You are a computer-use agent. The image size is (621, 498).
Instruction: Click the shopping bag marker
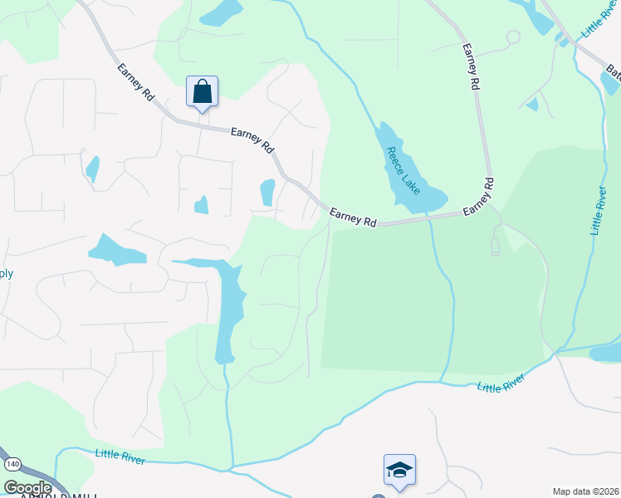pyautogui.click(x=202, y=91)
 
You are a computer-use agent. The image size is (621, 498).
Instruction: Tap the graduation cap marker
pyautogui.click(x=399, y=470)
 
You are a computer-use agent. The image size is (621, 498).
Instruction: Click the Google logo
pyautogui.click(x=27, y=487)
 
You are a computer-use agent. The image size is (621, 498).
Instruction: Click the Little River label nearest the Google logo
pyautogui.click(x=120, y=456)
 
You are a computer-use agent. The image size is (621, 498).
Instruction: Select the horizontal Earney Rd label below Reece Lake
pyautogui.click(x=353, y=218)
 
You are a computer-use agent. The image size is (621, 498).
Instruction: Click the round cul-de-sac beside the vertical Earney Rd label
pyautogui.click(x=513, y=37)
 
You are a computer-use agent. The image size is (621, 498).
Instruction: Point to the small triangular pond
pyautogui.click(x=531, y=104)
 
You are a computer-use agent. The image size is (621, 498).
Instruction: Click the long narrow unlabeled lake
pyautogui.click(x=230, y=307)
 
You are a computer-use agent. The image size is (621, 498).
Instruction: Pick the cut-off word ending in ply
pyautogui.click(x=6, y=273)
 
